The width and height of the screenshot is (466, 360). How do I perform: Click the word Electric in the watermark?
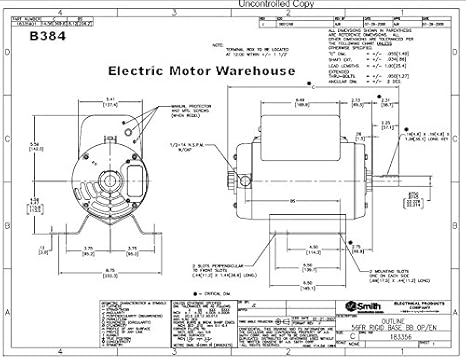(x=139, y=71)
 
